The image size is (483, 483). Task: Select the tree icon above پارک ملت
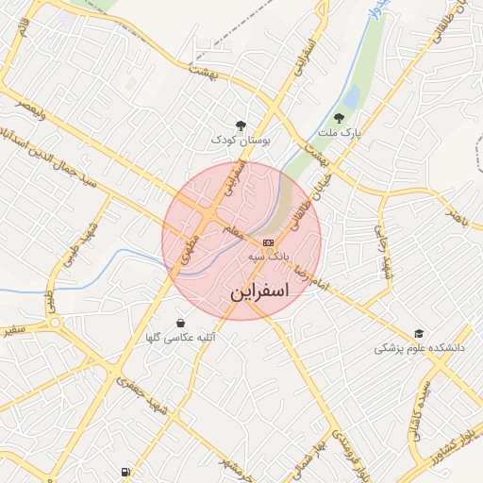(339, 118)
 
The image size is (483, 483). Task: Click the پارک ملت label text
(341, 134)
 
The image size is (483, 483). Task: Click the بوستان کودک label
(241, 140)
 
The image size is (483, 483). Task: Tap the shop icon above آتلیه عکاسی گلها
(180, 323)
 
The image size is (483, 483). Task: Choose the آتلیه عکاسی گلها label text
(180, 338)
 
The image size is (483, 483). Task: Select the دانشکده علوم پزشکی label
(420, 348)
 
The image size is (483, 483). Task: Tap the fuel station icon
(125, 472)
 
